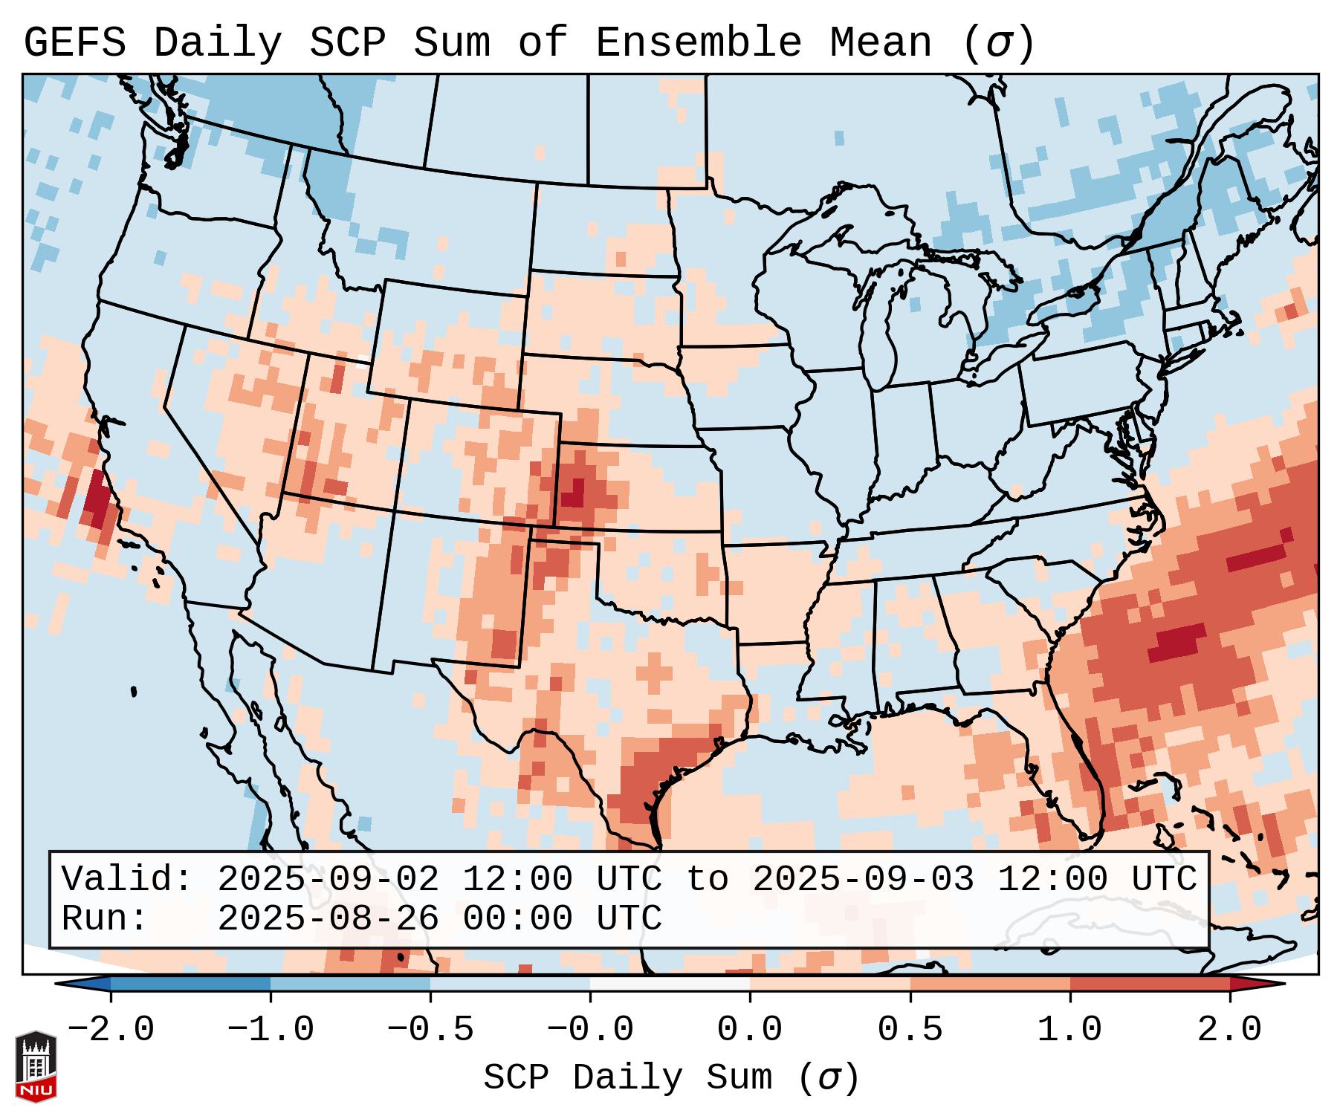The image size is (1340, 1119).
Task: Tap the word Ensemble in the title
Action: [x=698, y=43]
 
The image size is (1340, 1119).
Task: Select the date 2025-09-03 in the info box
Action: [x=862, y=880]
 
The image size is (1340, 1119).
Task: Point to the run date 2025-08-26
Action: [x=328, y=919]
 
